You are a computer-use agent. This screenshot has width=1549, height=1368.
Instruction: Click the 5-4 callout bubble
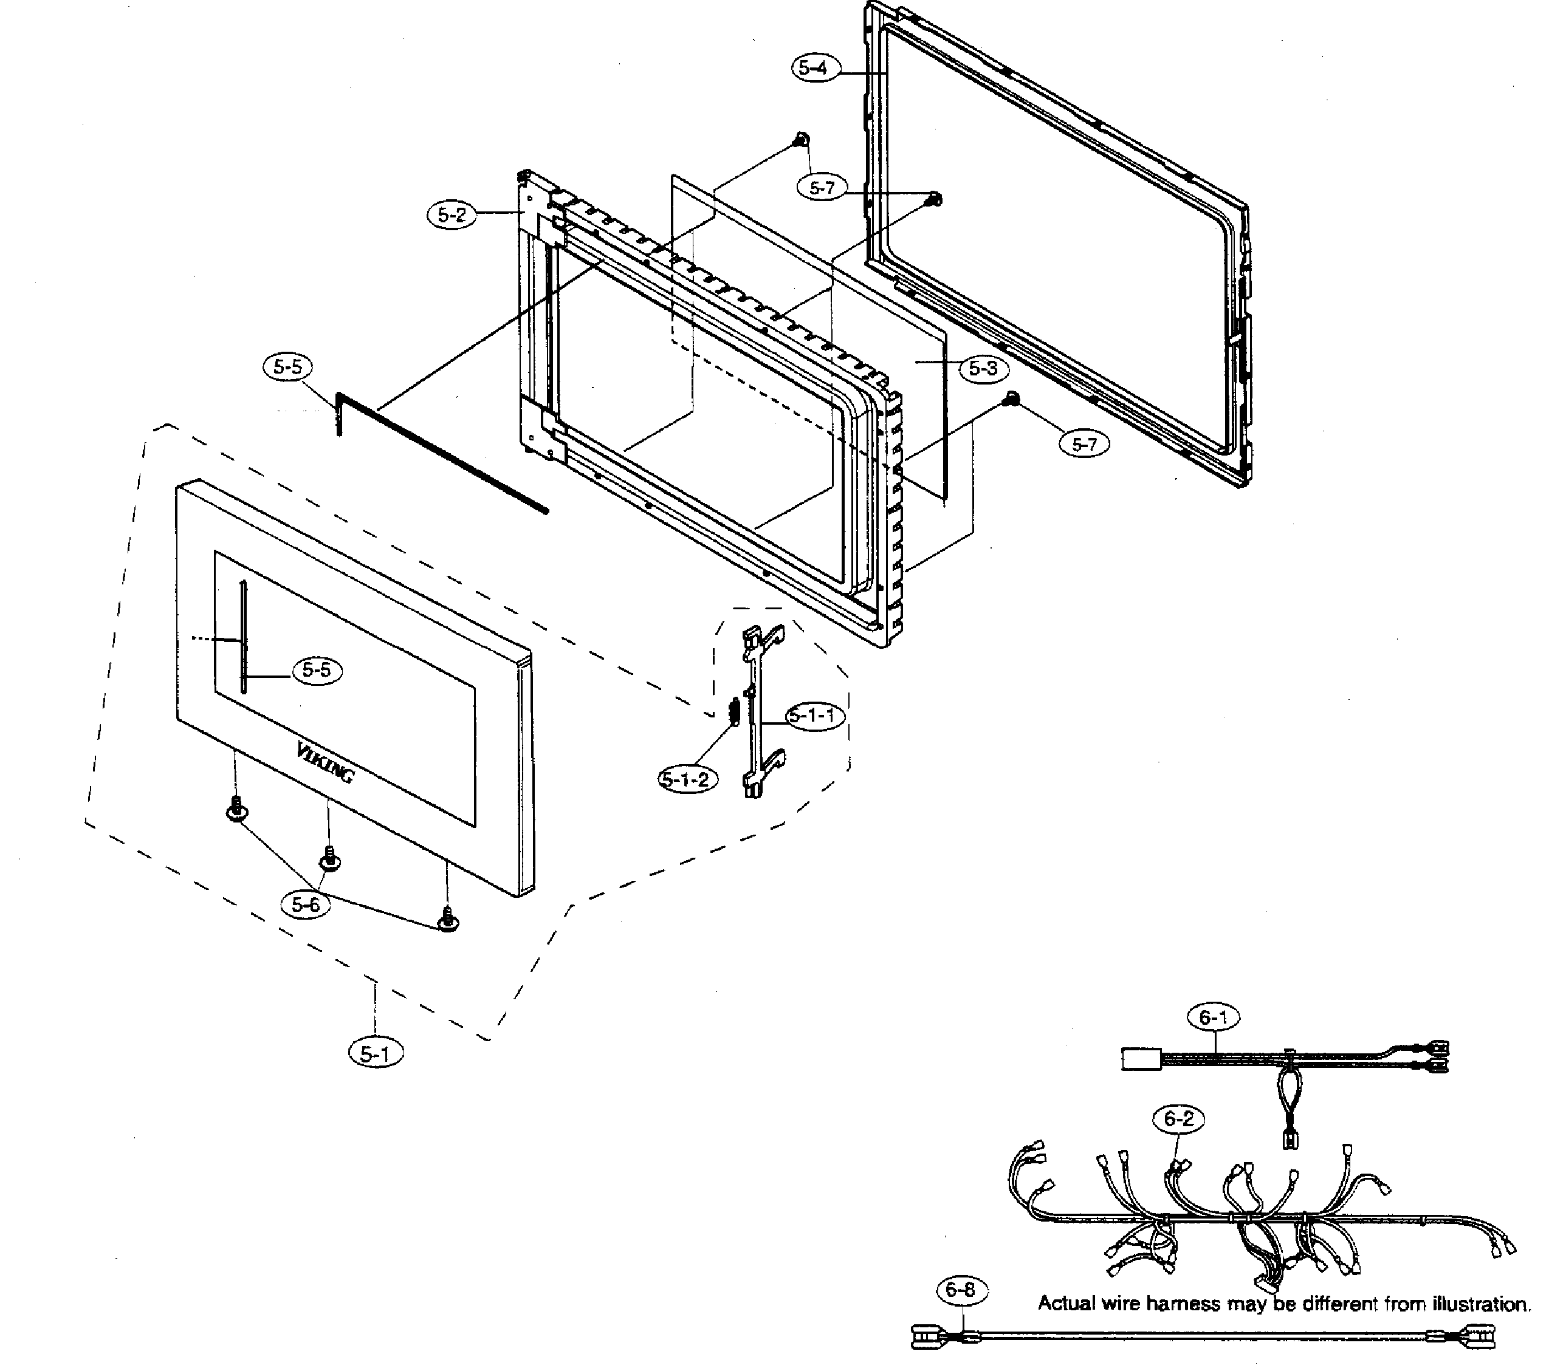814,68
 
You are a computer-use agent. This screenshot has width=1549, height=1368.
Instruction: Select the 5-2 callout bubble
452,215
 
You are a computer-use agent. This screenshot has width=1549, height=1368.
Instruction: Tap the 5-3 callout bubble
984,369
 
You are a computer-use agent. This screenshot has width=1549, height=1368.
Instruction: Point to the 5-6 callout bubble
306,905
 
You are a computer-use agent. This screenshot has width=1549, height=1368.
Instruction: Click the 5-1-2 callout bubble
686,779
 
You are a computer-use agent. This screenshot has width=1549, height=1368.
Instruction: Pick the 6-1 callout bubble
1214,1018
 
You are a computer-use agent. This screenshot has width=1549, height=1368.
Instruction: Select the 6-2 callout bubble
1178,1119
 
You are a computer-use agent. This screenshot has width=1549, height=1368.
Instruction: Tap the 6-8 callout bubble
960,1290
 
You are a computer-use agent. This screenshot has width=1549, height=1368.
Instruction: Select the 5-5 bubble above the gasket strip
288,368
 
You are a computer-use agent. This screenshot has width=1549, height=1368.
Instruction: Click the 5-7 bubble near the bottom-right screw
1085,445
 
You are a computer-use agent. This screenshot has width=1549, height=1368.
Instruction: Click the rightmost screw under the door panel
448,920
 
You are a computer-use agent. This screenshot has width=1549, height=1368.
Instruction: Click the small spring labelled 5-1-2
733,713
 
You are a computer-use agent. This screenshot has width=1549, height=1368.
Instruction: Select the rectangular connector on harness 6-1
1141,1058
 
